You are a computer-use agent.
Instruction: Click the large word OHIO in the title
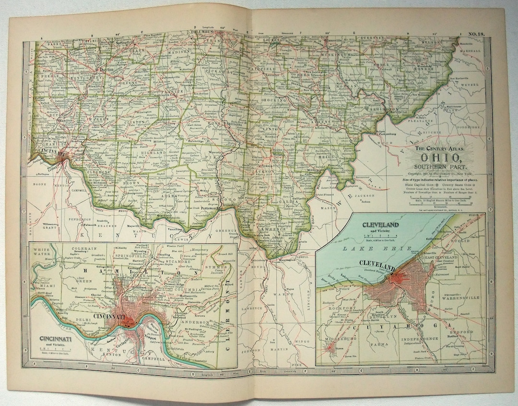(x=442, y=157)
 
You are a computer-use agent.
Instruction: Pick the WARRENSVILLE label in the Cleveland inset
(x=460, y=298)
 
